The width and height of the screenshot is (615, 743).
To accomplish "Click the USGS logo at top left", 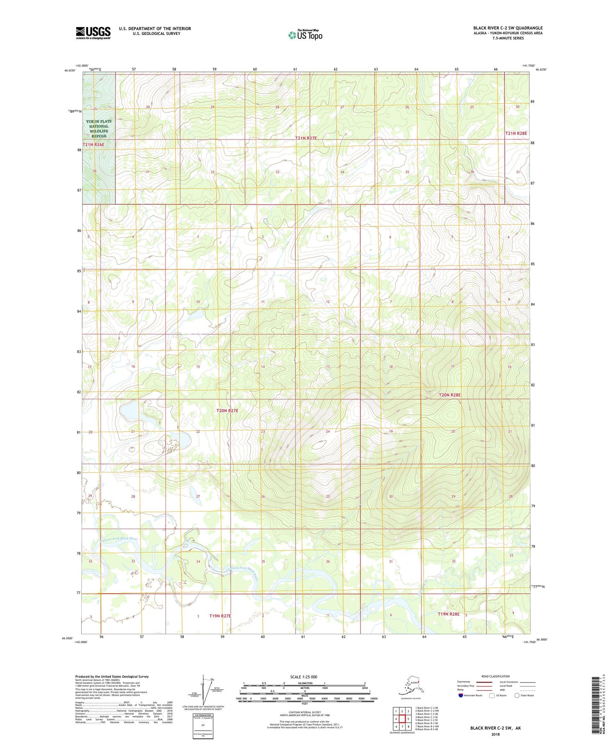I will pyautogui.click(x=93, y=33).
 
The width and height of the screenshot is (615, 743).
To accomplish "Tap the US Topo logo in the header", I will pyautogui.click(x=305, y=35).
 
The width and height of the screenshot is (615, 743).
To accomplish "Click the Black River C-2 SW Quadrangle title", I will pyautogui.click(x=508, y=28).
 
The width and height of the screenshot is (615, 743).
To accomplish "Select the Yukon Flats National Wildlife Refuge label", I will pyautogui.click(x=99, y=129).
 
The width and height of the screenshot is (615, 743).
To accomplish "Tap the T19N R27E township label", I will pyautogui.click(x=220, y=616).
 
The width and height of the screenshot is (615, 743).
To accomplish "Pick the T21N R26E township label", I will pyautogui.click(x=93, y=145).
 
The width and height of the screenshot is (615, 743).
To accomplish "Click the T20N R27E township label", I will pyautogui.click(x=227, y=411).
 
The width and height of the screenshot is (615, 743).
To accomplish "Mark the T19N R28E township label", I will pyautogui.click(x=449, y=614).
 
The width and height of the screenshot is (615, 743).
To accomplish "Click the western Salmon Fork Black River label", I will pyautogui.click(x=119, y=539).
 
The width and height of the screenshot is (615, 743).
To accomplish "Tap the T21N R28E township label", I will pyautogui.click(x=516, y=133).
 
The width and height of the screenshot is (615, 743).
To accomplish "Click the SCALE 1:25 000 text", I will pyautogui.click(x=304, y=677).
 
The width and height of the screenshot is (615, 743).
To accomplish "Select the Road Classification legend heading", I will pyautogui.click(x=495, y=676).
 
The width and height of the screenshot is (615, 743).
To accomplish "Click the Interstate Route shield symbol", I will pyautogui.click(x=461, y=695).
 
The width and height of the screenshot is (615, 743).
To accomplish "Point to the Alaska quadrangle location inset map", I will pyautogui.click(x=410, y=688).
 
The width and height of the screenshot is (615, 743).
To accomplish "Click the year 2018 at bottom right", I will pyautogui.click(x=495, y=734).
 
